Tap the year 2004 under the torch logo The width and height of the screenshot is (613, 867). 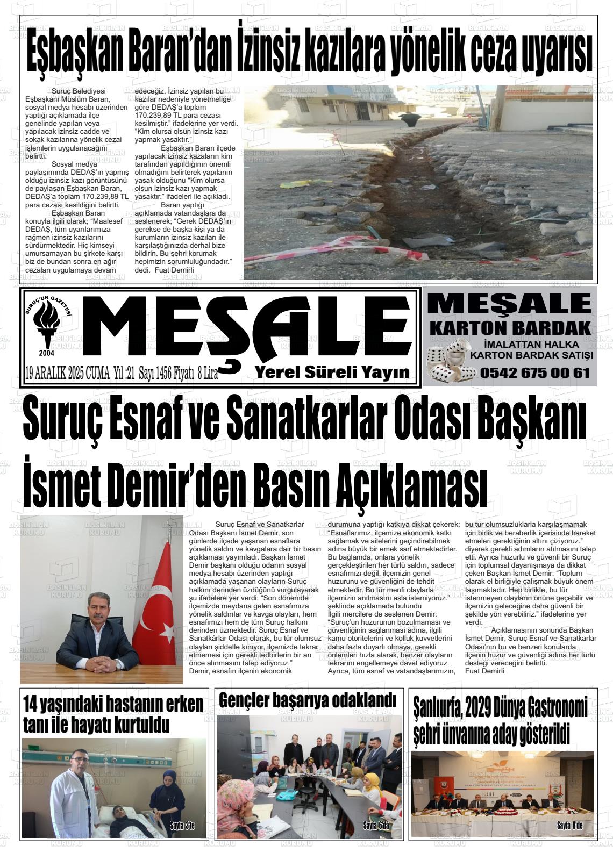coord(47,353)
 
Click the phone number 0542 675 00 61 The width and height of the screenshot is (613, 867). coord(534,372)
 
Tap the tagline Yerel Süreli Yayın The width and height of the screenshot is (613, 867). coord(332,372)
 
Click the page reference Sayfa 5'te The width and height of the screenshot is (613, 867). coord(182,825)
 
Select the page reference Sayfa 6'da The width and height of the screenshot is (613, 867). coord(377,825)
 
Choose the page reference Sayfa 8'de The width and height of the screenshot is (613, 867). coord(569,825)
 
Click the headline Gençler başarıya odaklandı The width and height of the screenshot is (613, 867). coord(308,700)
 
